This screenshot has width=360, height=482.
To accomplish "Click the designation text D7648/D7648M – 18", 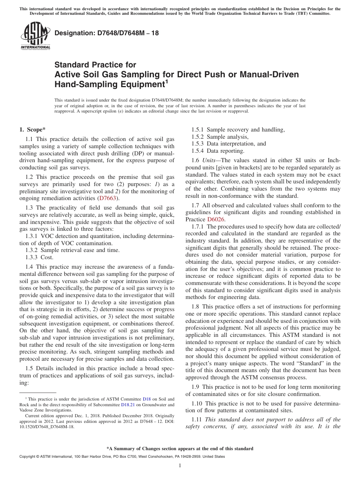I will [x=106, y=33].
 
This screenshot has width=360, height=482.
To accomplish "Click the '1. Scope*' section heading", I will [x=33, y=130].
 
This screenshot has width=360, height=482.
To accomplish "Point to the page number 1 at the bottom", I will [x=180, y=466].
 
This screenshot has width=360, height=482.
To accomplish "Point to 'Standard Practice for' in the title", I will [x=95, y=65].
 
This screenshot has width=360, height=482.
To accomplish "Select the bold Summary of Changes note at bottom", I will [x=180, y=449].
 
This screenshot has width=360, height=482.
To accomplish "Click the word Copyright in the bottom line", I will [x=28, y=457].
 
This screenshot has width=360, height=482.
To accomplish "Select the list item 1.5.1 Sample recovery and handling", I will [x=238, y=130].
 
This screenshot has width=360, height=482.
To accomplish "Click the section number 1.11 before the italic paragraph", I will [x=197, y=419].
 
